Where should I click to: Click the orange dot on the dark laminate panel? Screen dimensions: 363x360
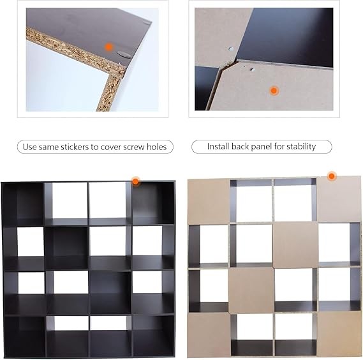108,47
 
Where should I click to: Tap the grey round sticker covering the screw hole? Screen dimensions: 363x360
124,54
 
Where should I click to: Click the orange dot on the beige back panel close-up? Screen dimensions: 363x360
274,91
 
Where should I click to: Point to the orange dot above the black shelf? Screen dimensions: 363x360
135,181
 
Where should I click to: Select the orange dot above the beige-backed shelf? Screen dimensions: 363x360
332,176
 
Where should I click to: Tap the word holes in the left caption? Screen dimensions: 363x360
157,147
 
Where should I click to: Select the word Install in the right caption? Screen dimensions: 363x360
218,146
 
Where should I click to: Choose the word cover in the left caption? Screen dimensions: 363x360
111,147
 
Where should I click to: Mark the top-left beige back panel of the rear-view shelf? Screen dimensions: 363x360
209,201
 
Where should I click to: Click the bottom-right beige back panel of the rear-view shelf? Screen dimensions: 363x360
338,334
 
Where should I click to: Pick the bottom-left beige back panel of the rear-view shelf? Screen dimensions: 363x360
209,335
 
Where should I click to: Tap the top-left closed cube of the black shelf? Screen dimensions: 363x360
23,204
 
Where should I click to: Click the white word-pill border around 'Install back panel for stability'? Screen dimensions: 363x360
262,140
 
